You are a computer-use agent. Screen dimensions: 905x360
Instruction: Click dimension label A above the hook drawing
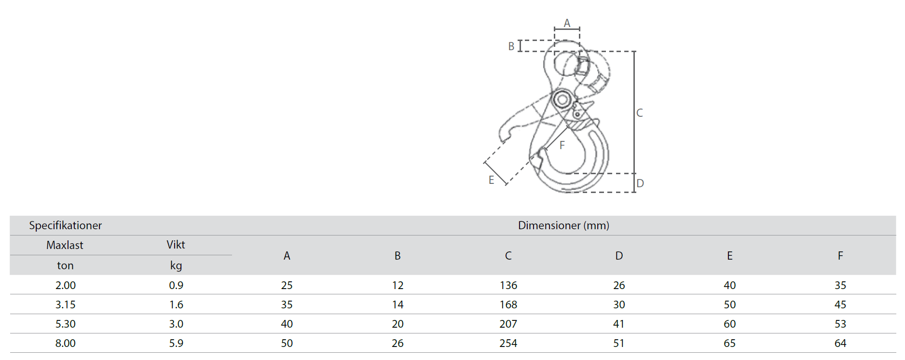[x=567, y=23]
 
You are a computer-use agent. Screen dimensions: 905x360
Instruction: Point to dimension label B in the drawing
[x=511, y=46]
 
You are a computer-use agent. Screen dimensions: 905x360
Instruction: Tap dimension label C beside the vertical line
[x=640, y=113]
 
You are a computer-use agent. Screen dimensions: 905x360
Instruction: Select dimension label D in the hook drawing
[x=640, y=183]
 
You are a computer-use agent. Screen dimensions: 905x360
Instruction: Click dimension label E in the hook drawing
[x=491, y=180]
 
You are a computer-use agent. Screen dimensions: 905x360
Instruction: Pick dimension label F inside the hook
[x=562, y=145]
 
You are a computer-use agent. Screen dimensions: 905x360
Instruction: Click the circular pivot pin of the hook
[x=562, y=100]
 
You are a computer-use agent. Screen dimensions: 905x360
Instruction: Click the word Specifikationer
[x=66, y=225]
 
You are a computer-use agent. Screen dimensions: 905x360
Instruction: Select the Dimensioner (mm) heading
[x=563, y=225]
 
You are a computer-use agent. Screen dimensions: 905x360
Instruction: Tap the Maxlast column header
[x=65, y=245]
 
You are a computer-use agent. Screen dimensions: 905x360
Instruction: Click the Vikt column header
[x=176, y=245]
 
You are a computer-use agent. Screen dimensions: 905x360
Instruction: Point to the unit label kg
[x=176, y=265]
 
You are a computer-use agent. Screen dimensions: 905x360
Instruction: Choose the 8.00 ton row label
[x=66, y=343]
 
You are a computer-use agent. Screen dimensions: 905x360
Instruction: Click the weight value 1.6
[x=176, y=305]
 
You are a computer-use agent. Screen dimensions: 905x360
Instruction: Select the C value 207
[x=508, y=324]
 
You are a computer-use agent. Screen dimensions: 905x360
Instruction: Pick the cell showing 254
[x=508, y=343]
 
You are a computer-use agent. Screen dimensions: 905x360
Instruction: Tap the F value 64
[x=840, y=343]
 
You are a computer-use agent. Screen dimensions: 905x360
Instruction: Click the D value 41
[x=619, y=324]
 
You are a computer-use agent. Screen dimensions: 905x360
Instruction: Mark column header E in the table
[x=730, y=256]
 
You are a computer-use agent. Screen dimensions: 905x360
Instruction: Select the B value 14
[x=398, y=305]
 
